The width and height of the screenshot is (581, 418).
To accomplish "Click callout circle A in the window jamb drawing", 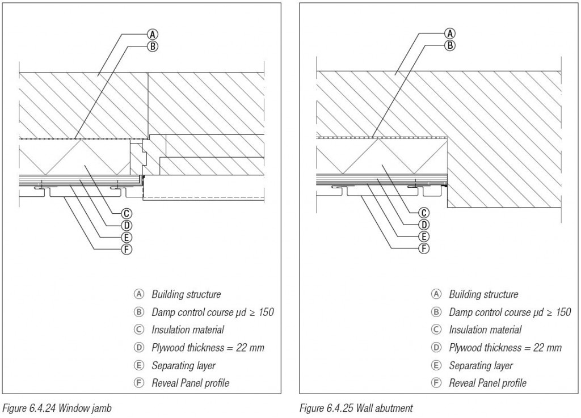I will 151,35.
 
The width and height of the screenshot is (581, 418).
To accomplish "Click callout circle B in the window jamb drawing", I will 151,47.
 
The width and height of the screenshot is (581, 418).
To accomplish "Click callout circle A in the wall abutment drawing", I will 449,35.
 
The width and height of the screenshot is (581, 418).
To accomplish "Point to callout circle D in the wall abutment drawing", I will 424,225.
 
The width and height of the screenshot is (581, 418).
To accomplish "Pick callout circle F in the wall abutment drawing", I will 424,248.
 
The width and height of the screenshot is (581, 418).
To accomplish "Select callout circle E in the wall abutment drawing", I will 424,237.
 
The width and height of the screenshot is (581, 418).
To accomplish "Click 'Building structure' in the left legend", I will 186,294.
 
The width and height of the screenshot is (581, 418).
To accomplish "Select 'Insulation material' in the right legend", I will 485,330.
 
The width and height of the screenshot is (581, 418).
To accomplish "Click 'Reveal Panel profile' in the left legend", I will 190,383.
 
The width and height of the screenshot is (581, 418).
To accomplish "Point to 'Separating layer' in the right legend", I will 481,365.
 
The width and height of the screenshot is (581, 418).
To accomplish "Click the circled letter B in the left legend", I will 138,312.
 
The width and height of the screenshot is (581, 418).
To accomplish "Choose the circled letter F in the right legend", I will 436,383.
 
